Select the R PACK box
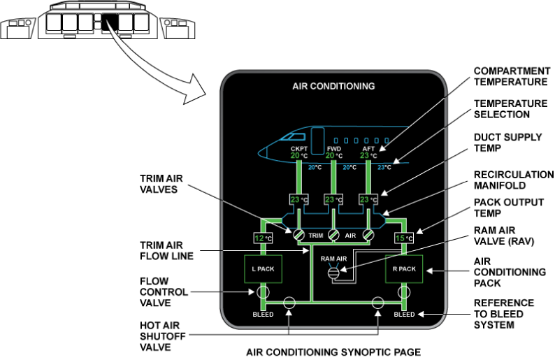[404, 269]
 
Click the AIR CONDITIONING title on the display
[333, 87]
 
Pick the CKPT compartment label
[298, 148]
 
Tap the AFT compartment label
[368, 148]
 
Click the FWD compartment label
[333, 148]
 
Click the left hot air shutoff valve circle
[289, 303]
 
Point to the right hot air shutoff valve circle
[378, 303]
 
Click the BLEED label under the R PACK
[405, 315]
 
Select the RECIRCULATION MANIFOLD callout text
[514, 180]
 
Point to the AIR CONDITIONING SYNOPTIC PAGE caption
[333, 352]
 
